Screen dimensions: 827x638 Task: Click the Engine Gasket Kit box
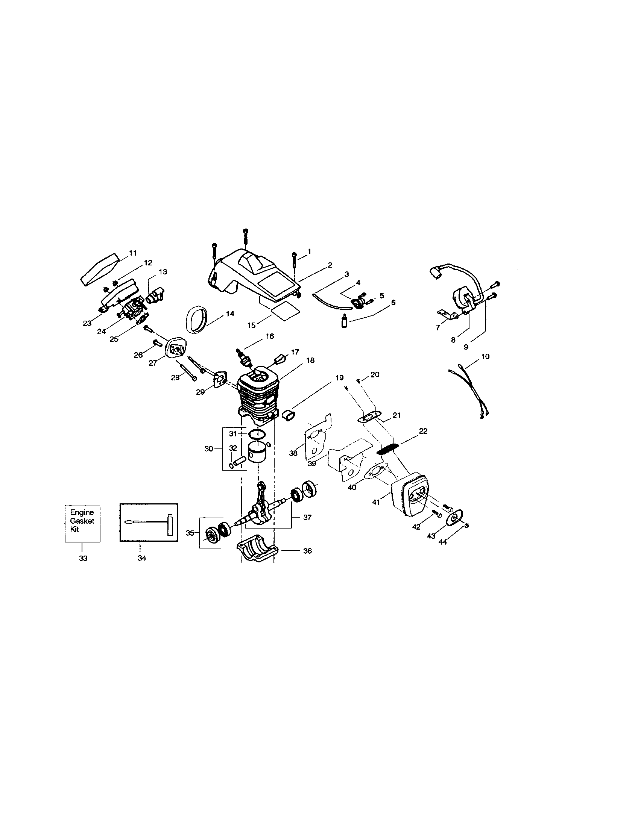coord(82,523)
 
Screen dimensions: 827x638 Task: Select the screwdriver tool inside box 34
coord(146,521)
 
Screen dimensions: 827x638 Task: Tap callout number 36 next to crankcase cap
coord(308,551)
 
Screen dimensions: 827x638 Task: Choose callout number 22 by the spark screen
coord(423,431)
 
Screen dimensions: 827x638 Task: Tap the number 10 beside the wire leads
coord(485,356)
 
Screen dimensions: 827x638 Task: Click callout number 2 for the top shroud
coord(330,265)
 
